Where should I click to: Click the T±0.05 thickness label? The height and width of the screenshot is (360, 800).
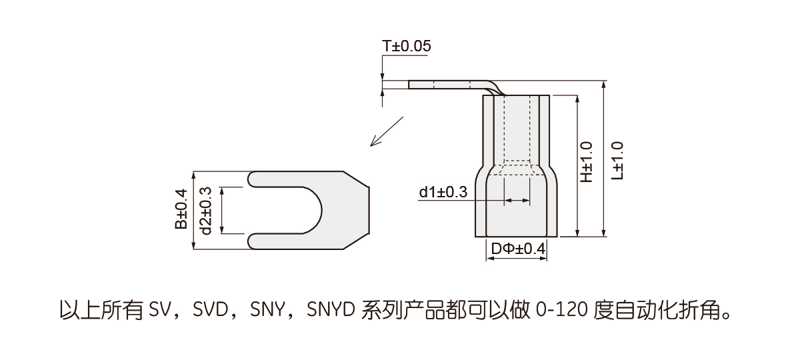click(x=406, y=47)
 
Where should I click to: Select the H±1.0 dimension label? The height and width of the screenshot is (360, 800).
click(x=586, y=163)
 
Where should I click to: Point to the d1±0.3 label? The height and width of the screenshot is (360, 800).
click(x=443, y=193)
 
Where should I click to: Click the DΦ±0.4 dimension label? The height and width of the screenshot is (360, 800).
click(x=518, y=249)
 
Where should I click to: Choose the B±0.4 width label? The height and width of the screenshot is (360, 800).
click(x=181, y=209)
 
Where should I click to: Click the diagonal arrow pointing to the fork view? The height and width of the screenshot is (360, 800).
click(x=387, y=131)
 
